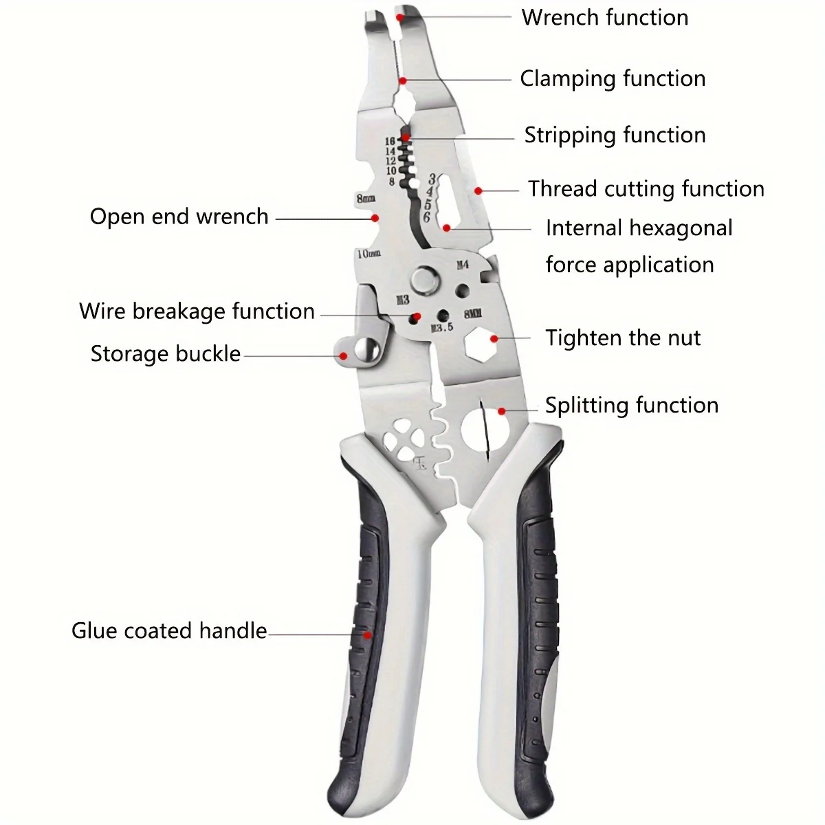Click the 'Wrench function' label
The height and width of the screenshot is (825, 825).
605,17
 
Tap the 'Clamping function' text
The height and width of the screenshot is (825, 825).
613,79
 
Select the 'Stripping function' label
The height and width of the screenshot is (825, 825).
615,135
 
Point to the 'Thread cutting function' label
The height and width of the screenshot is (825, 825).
646,188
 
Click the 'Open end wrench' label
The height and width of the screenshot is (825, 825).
179,217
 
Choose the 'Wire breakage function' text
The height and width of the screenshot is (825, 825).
197,311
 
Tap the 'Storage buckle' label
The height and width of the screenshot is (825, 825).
166,353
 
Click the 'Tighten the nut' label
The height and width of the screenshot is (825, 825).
623,338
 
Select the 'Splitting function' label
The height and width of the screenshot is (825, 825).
631,405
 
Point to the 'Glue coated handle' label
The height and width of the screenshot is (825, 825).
169,630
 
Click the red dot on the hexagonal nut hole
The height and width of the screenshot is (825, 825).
494,339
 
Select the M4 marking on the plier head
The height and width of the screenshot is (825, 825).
462,265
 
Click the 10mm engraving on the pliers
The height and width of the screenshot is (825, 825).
368,254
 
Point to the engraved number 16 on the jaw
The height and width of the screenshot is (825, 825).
390,141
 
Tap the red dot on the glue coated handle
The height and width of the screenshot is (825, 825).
367,635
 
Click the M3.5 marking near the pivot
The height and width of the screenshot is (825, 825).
441,327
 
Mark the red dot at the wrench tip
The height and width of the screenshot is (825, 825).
399,15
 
